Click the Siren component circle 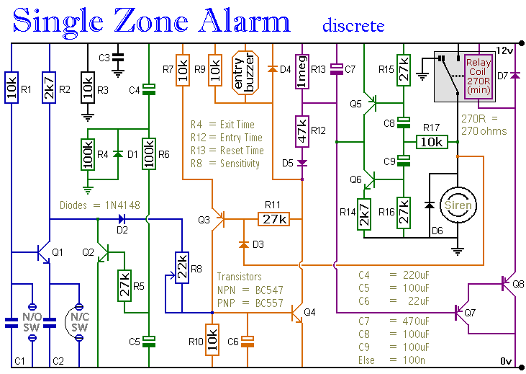458,205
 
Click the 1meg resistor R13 302,72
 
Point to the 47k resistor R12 302,131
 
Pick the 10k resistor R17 432,143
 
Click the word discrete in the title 353,26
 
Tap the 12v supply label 504,50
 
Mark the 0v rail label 506,360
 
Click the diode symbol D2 121,218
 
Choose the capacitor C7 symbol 336,70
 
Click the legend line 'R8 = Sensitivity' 225,164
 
